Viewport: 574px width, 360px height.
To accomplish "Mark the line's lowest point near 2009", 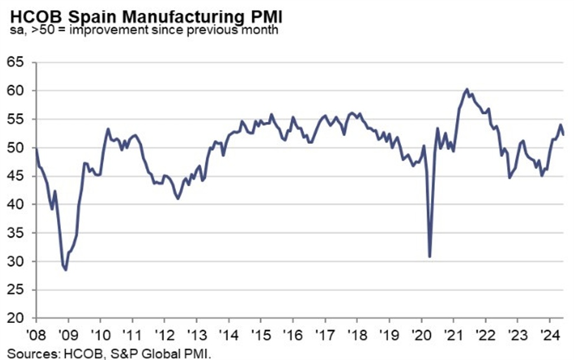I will click(65, 270).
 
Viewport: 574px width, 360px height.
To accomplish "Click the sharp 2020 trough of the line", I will click(430, 256).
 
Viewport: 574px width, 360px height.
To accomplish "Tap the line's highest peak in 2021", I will click(466, 90).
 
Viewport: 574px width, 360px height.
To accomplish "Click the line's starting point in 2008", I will click(37, 150).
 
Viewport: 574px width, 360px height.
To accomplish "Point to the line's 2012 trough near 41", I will click(178, 199).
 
